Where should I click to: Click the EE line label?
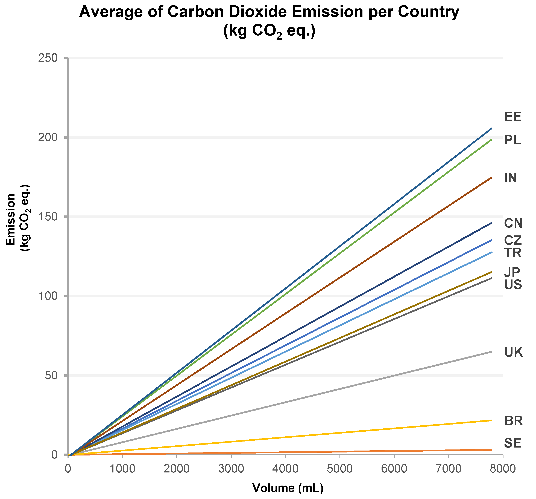(513, 117)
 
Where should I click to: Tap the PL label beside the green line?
(512, 140)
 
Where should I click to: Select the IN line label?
(510, 178)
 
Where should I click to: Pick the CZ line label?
(513, 240)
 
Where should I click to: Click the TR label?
(513, 253)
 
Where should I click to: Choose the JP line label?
(512, 272)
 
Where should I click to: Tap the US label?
(513, 285)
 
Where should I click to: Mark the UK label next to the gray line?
(513, 352)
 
